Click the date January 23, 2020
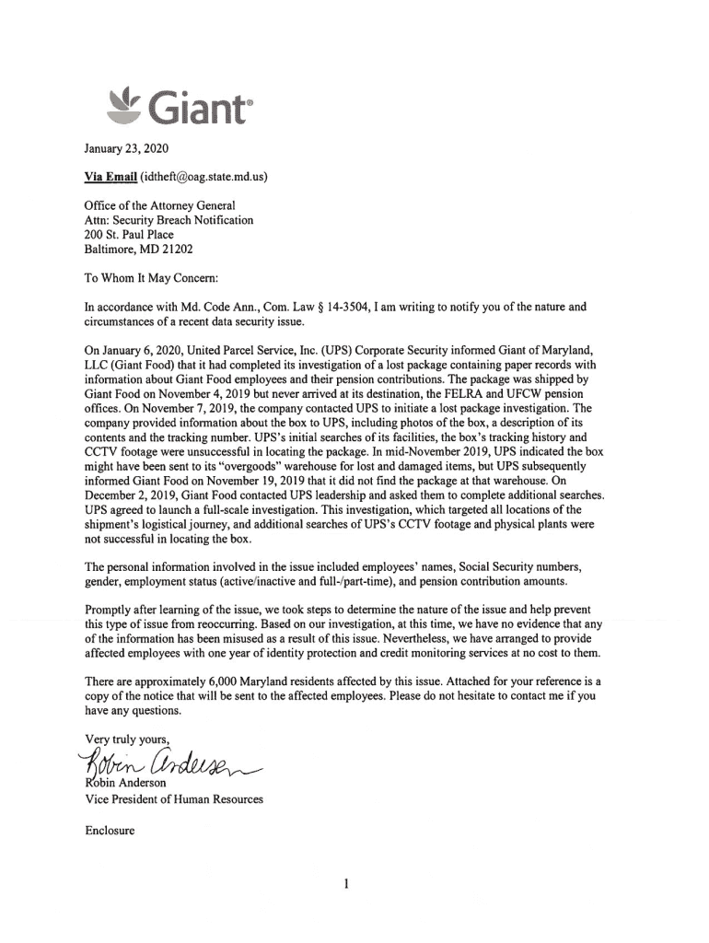[121, 148]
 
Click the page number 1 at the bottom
[345, 886]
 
